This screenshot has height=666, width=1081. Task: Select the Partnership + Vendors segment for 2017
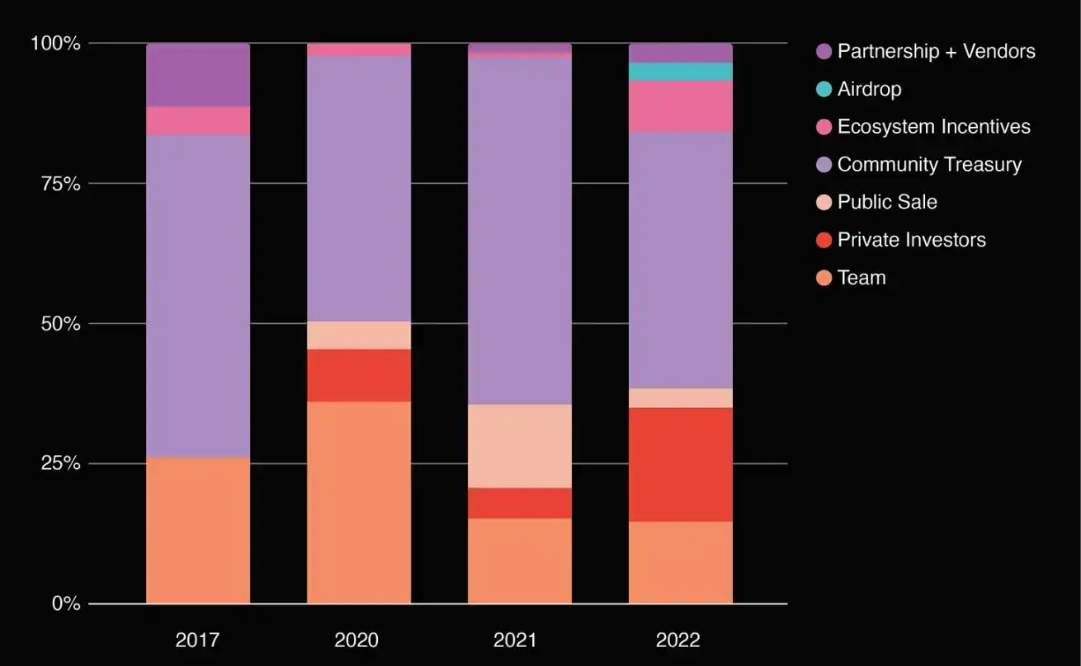pos(198,75)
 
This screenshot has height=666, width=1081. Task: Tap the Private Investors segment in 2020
pos(359,375)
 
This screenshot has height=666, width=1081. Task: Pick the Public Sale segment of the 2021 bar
pos(520,446)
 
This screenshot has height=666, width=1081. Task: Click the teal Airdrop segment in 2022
pos(681,72)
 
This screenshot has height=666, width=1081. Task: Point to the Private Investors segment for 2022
pos(681,464)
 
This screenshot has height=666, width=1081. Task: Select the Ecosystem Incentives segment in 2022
pos(681,106)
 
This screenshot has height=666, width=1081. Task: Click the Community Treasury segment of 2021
pos(520,231)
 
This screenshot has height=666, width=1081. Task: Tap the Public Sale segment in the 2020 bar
pos(359,335)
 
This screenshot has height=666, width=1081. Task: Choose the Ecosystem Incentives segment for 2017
pos(198,120)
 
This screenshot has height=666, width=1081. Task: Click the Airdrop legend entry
pos(869,89)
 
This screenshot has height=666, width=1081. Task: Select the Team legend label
pos(861,278)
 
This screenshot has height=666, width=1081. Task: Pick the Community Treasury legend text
pos(929,165)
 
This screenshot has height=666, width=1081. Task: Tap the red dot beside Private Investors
pos(822,240)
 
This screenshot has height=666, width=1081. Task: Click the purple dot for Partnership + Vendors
pos(822,51)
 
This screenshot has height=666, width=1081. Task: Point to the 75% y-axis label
pos(62,184)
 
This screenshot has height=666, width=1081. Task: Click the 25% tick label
pos(62,463)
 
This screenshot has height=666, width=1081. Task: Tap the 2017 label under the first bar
pos(198,640)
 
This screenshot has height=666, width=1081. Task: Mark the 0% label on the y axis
pos(66,604)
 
